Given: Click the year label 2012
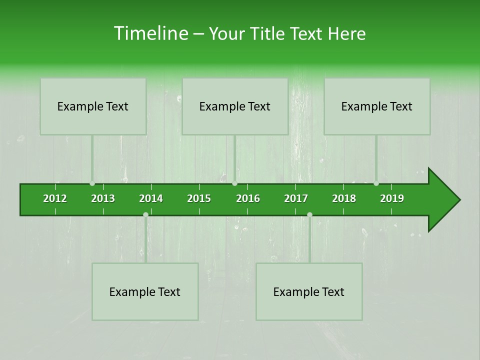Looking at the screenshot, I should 55,198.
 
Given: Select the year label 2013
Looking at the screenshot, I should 103,198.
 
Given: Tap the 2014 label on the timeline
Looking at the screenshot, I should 151,198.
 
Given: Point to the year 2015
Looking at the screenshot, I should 199,198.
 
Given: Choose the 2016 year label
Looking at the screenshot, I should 248,198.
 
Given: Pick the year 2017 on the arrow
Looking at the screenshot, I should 296,198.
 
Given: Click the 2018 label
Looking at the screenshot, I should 344,198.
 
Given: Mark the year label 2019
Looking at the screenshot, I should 392,198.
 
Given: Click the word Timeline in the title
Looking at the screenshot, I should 150,33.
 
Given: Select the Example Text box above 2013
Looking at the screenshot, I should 93,106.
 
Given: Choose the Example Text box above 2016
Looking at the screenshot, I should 235,106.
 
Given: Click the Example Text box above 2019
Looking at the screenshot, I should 377,106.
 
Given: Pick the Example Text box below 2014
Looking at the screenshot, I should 145,292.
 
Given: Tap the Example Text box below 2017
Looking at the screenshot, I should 309,292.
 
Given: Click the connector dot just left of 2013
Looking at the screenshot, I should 92,183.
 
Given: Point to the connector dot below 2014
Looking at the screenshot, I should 145,214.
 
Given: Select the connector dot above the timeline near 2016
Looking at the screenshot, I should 234,183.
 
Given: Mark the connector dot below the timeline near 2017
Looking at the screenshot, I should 309,214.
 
